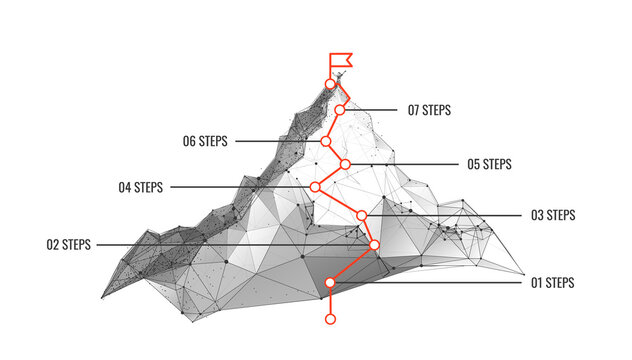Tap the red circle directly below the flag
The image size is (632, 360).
(331, 84)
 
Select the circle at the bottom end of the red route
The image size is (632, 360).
(331, 319)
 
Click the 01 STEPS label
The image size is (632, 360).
(552, 283)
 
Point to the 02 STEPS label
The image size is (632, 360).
(69, 244)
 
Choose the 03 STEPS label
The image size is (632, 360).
(553, 215)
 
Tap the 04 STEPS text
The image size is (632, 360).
(141, 187)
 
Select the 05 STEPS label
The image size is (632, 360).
(489, 164)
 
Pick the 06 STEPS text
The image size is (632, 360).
(205, 142)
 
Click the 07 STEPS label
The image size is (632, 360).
(429, 110)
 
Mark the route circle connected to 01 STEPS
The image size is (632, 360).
(330, 283)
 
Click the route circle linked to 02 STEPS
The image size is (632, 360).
(375, 244)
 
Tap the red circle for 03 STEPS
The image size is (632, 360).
(362, 215)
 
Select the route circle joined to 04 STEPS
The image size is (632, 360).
(315, 187)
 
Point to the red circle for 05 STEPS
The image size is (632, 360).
(345, 164)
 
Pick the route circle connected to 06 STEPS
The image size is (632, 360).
(326, 142)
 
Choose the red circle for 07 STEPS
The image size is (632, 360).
(340, 110)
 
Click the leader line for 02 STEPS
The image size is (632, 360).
(230, 244)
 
